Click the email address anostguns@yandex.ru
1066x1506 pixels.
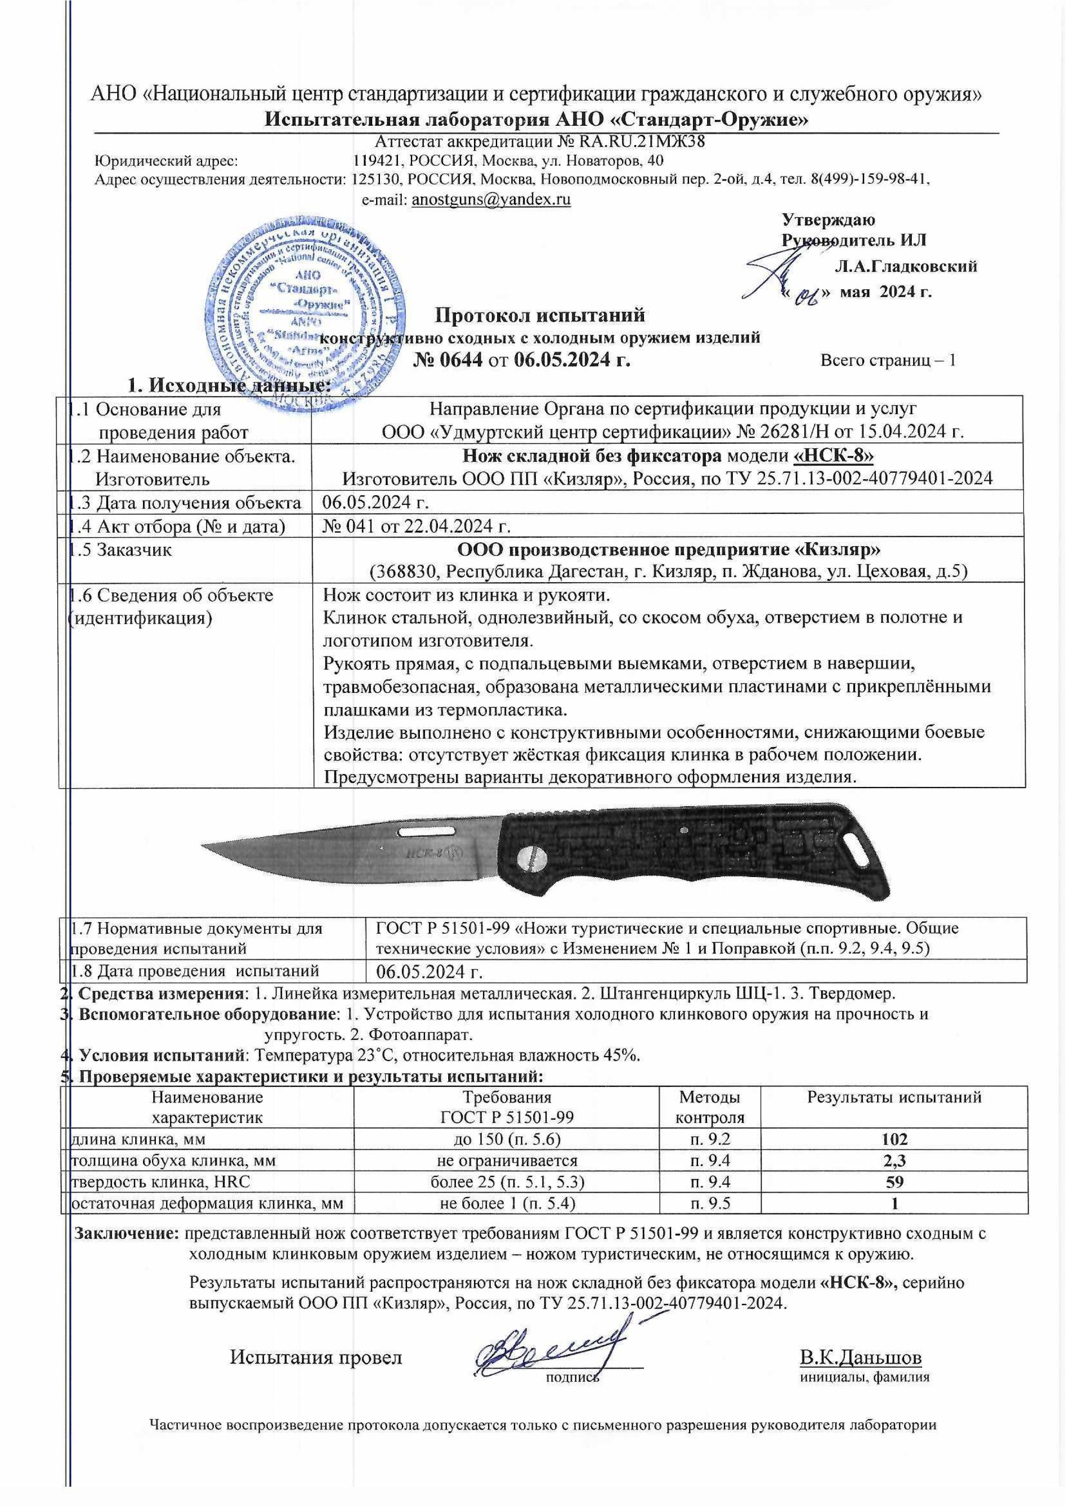pyautogui.click(x=491, y=200)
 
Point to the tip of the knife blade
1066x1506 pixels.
pyautogui.click(x=205, y=843)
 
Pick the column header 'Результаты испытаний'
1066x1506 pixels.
pyautogui.click(x=894, y=1096)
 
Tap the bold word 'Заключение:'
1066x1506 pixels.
pyautogui.click(x=128, y=1233)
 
